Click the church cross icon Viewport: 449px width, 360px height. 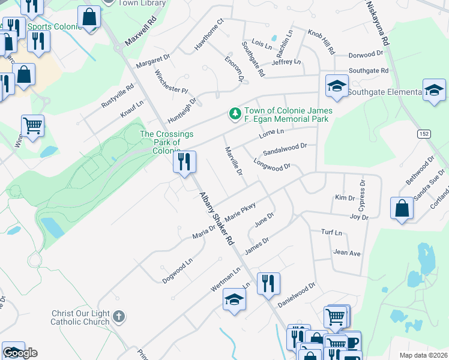pos(119,316)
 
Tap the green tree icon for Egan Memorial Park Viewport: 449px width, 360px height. pos(235,113)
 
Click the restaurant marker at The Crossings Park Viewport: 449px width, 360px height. pos(184,161)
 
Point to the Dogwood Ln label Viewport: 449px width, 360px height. pos(177,271)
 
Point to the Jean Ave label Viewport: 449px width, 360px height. pos(347,253)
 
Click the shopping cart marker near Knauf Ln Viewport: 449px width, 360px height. pos(32,126)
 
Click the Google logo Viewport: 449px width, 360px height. pos(20,353)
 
